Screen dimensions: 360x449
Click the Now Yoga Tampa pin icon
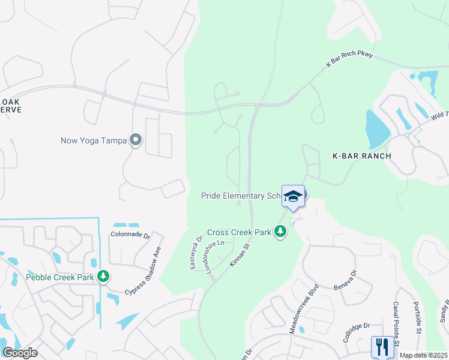tap(136, 140)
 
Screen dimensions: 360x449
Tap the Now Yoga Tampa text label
tap(94, 141)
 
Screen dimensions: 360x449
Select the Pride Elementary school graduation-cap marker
tap(293, 196)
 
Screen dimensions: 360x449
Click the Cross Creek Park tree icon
tap(280, 231)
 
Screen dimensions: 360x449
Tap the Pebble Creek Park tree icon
tap(104, 276)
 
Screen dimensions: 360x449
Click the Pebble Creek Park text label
tap(61, 277)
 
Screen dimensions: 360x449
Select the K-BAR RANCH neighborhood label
tap(362, 156)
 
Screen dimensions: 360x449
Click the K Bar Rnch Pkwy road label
tap(349, 59)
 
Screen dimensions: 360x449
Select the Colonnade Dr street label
tap(130, 235)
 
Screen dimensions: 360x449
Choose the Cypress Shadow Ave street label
tap(143, 271)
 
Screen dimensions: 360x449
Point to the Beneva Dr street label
tap(345, 280)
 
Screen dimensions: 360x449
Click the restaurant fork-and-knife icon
tap(382, 346)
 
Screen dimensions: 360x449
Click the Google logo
tap(20, 353)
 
